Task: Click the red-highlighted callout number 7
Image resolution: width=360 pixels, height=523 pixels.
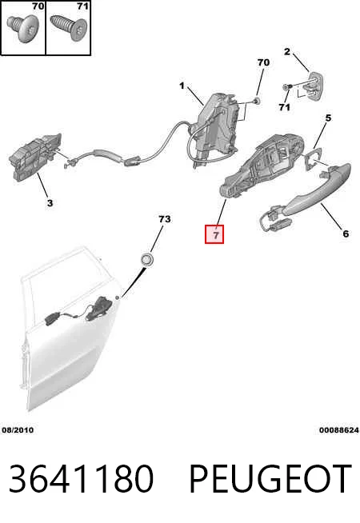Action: (214, 234)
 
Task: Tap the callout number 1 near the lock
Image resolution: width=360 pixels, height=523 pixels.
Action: (182, 86)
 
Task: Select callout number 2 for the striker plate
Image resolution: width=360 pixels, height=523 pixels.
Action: (287, 52)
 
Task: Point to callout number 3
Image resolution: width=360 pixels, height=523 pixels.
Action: (50, 203)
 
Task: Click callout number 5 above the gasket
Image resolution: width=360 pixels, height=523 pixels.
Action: (328, 118)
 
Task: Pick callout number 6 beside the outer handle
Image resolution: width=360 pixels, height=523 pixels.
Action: (346, 234)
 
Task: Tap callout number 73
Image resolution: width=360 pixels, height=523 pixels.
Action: (165, 219)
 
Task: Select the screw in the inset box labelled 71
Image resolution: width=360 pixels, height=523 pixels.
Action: (68, 27)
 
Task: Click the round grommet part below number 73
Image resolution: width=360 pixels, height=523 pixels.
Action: (146, 259)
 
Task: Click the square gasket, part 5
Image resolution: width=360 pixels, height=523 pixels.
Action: (313, 159)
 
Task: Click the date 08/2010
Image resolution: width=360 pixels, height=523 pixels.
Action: (18, 430)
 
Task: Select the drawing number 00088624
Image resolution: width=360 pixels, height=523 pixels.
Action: (339, 430)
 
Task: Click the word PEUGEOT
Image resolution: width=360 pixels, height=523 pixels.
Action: (270, 478)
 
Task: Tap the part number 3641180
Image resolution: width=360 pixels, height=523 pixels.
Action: (81, 478)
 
